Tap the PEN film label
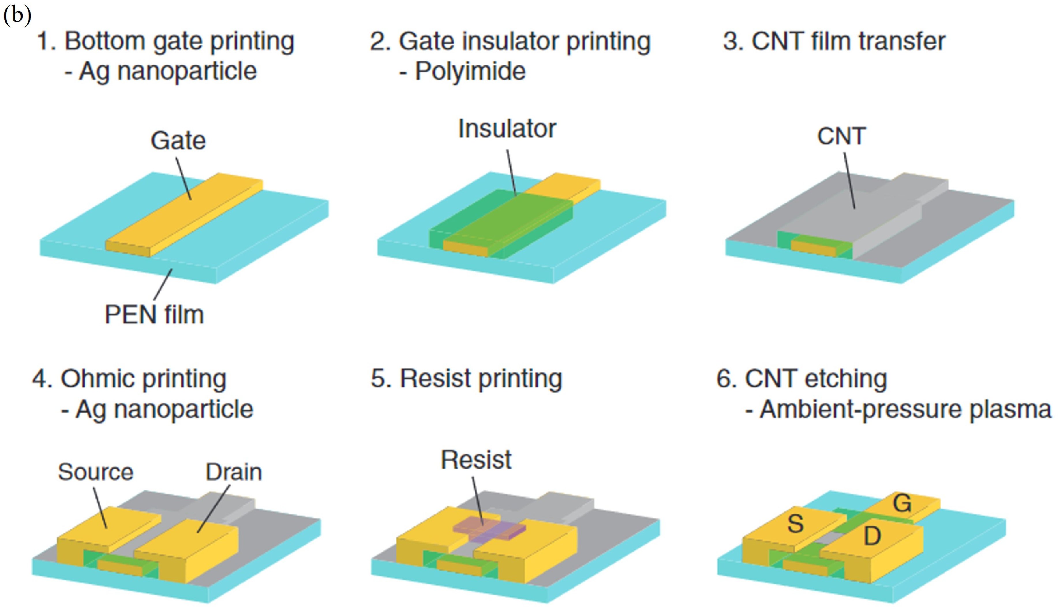pos(154,314)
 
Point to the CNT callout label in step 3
pos(841,136)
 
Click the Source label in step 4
pos(96,472)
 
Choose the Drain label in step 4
pos(233,472)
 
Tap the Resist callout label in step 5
pos(476,460)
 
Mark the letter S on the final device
pos(795,524)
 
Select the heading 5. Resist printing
pos(466,379)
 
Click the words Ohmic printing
pos(143,379)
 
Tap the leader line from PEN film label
pos(163,284)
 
